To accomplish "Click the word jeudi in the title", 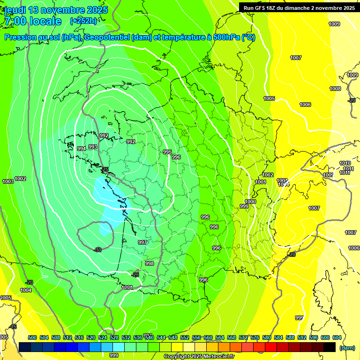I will tap(15, 10).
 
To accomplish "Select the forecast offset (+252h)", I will tap(83, 21).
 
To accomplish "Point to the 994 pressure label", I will tap(82, 149).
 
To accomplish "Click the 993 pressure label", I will tap(93, 147).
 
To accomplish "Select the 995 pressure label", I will tap(167, 152).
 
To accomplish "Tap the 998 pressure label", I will tap(149, 263).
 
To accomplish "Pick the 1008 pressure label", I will tap(335, 89).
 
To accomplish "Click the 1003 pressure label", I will tap(7, 181).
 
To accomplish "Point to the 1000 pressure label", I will tap(250, 202).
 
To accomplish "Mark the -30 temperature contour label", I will tap(97, 250).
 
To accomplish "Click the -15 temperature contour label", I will tap(13, 327).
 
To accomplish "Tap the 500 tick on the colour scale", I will tap(32, 337).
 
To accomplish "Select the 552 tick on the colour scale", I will tap(185, 337).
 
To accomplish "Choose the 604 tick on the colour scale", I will tap(337, 337).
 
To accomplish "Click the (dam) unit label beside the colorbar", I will tap(346, 348).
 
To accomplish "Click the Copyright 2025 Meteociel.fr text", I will tap(199, 356).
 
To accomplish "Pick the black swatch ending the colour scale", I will tap(329, 347).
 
